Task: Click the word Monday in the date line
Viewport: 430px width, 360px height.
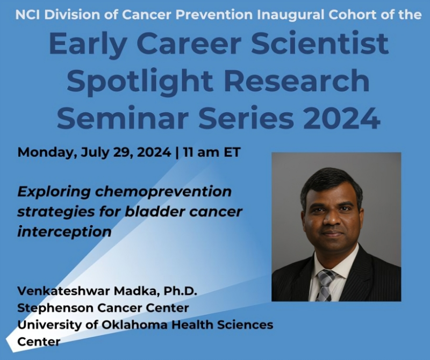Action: click(46, 152)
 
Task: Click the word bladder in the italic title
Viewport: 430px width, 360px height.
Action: click(148, 211)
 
